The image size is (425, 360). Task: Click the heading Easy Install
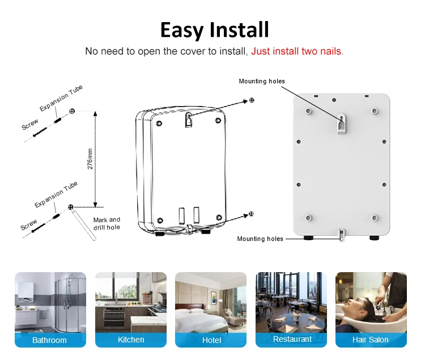pyautogui.click(x=214, y=30)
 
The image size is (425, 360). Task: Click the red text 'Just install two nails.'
pyautogui.click(x=297, y=51)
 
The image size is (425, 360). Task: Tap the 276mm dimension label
pyautogui.click(x=90, y=159)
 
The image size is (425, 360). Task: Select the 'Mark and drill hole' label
pyautogui.click(x=107, y=223)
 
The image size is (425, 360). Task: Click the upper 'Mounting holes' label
pyautogui.click(x=262, y=81)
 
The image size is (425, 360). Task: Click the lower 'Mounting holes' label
pyautogui.click(x=260, y=239)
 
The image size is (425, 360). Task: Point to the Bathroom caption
pyautogui.click(x=49, y=340)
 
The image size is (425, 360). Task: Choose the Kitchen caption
pyautogui.click(x=131, y=340)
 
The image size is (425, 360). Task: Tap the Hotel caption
pyautogui.click(x=211, y=340)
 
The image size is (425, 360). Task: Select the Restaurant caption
pyautogui.click(x=292, y=339)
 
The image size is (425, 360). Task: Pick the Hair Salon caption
pyautogui.click(x=370, y=340)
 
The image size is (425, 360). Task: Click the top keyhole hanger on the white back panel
pyautogui.click(x=342, y=124)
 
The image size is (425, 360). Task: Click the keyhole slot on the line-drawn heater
pyautogui.click(x=189, y=120)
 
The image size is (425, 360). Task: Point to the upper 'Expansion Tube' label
pyautogui.click(x=61, y=98)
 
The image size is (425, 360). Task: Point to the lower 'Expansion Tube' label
pyautogui.click(x=56, y=194)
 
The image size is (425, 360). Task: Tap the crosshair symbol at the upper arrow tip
pyautogui.click(x=252, y=100)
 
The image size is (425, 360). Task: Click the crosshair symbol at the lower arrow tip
pyautogui.click(x=251, y=214)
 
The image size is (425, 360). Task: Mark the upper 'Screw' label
pyautogui.click(x=30, y=124)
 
